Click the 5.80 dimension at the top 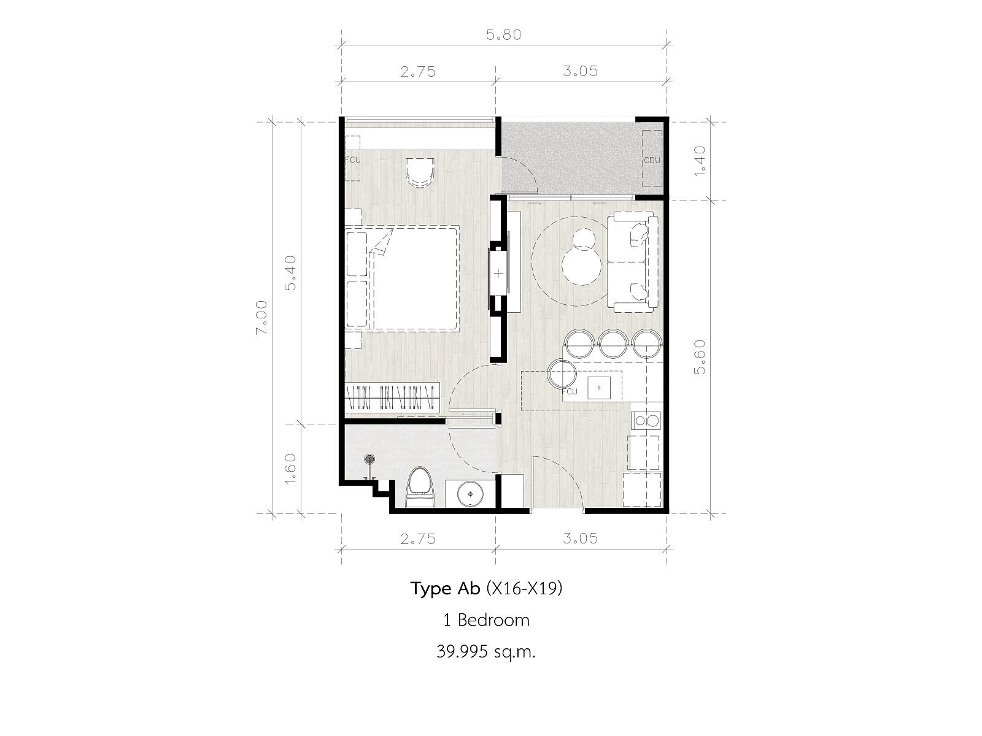504,35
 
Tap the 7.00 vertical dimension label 261,317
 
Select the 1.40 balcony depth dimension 700,161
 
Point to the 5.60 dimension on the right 700,357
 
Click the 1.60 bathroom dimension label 290,468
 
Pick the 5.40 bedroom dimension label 290,273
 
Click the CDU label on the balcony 652,160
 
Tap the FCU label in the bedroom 352,159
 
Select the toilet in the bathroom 420,487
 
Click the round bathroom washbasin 470,494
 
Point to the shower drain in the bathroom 369,459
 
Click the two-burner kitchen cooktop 646,421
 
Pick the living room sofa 632,262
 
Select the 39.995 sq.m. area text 486,652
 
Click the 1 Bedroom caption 486,620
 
